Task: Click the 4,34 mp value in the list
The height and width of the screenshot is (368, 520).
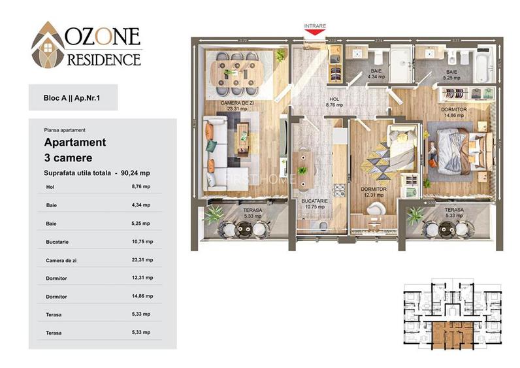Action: pos(142,205)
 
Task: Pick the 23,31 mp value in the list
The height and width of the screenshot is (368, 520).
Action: pos(142,259)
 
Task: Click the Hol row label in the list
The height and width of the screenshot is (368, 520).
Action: pos(50,187)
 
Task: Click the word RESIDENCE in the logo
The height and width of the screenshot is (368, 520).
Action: pos(104,60)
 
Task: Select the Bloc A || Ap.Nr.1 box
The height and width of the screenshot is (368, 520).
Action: pos(73,98)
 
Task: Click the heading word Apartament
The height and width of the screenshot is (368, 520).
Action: pos(74,142)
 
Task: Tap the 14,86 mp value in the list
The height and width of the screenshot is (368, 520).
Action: pos(142,296)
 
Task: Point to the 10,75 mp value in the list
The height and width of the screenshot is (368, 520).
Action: pos(142,241)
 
